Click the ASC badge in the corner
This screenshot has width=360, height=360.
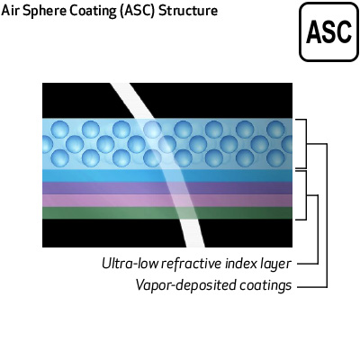click(x=329, y=31)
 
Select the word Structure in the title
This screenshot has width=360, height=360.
click(x=188, y=11)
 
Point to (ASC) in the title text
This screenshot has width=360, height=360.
click(x=138, y=11)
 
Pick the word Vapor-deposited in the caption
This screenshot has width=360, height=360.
click(x=185, y=284)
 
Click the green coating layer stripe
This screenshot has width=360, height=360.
click(x=167, y=213)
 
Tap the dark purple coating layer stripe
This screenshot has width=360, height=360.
click(x=167, y=188)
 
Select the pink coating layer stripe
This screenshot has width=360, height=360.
click(x=167, y=201)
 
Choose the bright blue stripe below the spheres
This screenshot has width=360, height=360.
click(x=167, y=175)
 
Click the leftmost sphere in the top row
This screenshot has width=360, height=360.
click(x=60, y=130)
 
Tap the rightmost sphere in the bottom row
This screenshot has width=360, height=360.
click(x=275, y=157)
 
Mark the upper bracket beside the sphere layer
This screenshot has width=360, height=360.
click(x=306, y=144)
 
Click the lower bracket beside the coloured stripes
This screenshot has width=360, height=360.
click(x=306, y=195)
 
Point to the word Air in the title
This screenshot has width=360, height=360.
click(x=10, y=11)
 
